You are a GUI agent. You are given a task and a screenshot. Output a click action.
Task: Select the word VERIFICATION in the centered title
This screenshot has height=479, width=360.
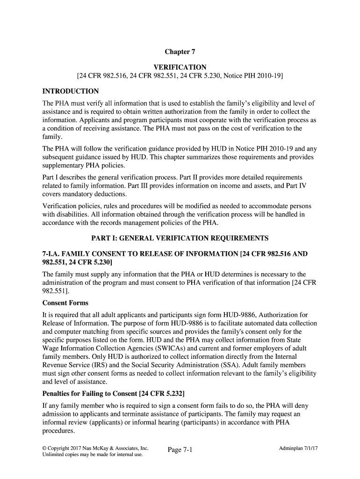180,67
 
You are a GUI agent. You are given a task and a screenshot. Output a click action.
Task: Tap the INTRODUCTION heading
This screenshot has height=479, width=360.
71,91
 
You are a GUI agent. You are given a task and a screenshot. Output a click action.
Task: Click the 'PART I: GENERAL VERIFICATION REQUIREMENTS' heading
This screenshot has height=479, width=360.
180,238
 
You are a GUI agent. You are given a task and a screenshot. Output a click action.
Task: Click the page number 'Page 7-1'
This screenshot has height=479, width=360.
180,450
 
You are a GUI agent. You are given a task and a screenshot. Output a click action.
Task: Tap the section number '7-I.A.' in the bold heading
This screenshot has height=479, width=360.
53,254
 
